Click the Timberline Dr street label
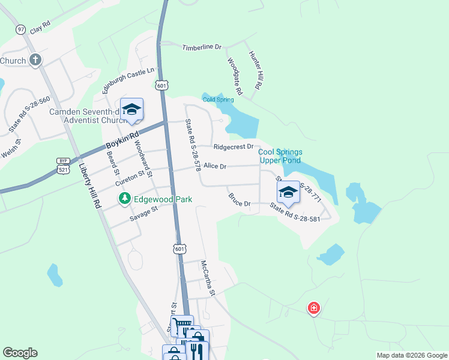(x=202, y=47)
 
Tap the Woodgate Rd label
(x=235, y=76)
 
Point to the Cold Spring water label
(x=218, y=100)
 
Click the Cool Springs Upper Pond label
(x=280, y=156)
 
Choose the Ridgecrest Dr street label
(x=234, y=146)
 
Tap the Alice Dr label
(x=215, y=166)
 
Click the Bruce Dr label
(x=239, y=200)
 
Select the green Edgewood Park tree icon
(x=125, y=199)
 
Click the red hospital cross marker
(x=313, y=309)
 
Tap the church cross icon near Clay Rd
(x=35, y=60)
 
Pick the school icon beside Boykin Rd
(x=131, y=109)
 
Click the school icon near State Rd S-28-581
(x=288, y=192)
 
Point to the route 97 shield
(x=21, y=29)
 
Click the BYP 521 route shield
(x=63, y=166)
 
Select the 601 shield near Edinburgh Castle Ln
(x=161, y=86)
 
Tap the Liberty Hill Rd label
(x=89, y=188)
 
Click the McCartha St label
(x=208, y=278)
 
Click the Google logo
(x=20, y=353)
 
